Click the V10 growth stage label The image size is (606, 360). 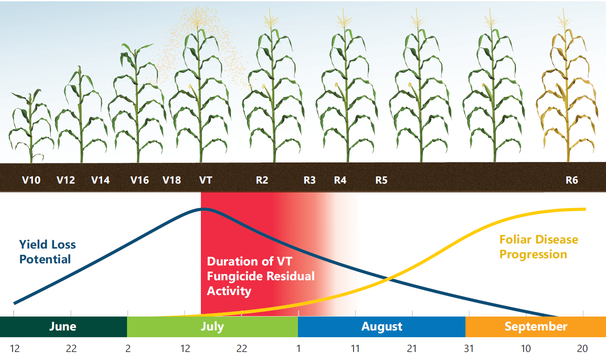click(x=31, y=180)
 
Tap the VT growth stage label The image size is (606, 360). click(x=206, y=180)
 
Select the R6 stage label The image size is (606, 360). click(x=571, y=180)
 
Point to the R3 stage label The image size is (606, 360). click(x=309, y=180)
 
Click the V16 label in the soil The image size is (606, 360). click(x=139, y=180)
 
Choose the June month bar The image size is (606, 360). click(x=63, y=327)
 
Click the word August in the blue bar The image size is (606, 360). click(x=381, y=327)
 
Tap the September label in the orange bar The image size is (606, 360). click(x=536, y=327)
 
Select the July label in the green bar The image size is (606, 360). click(x=212, y=327)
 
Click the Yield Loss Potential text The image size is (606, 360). click(x=47, y=252)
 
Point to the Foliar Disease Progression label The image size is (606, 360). click(x=538, y=247)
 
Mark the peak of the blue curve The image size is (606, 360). click(x=203, y=209)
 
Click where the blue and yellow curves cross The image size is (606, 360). click(x=389, y=278)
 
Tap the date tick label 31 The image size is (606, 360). click(x=468, y=349)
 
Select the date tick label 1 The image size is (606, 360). click(x=298, y=349)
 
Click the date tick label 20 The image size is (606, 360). click(x=582, y=349)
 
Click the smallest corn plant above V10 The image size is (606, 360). click(x=31, y=127)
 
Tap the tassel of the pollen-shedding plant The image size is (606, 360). click(x=197, y=19)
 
